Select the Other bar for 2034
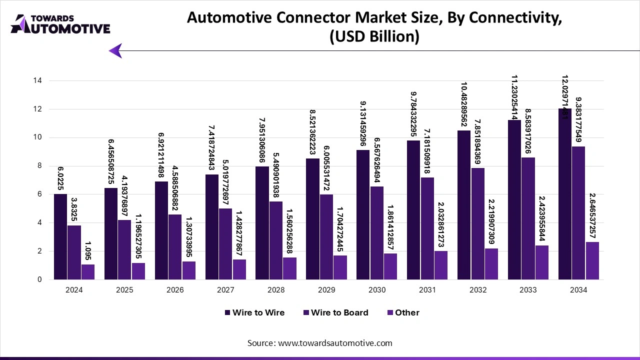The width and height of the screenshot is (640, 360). [592, 260]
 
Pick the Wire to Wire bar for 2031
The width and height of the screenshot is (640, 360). [413, 209]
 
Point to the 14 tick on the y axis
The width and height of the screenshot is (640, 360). [38, 80]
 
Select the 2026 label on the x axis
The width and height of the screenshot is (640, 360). [175, 290]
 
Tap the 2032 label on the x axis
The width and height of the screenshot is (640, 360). [477, 290]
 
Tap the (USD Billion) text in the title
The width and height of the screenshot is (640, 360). [374, 37]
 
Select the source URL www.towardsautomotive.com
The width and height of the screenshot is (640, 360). [335, 343]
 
